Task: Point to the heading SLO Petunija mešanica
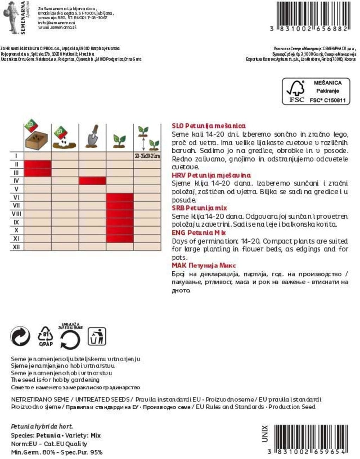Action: coord(208,126)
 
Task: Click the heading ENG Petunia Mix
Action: coord(199,233)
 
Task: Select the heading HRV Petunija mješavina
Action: coord(211,175)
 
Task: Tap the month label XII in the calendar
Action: coord(16,247)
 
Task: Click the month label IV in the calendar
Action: coord(16,181)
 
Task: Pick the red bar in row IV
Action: coord(92,181)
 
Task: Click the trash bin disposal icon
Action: coord(97,336)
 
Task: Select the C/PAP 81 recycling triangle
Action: coord(46,336)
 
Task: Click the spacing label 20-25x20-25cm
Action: coord(147,156)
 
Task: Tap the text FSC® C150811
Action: coord(327,100)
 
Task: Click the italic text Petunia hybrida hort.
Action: coord(42,427)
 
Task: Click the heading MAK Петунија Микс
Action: coord(204,266)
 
